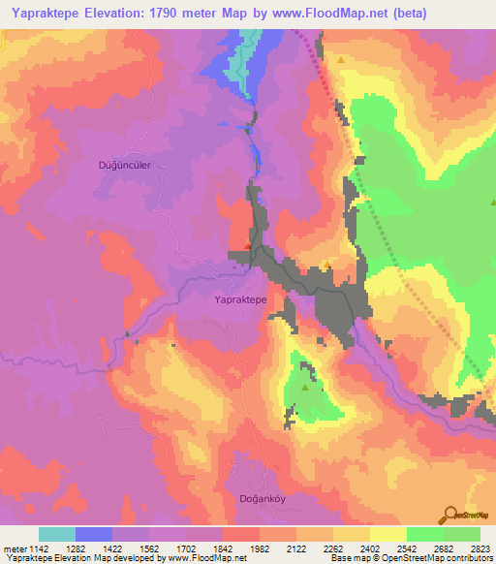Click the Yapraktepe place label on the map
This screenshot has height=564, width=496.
point(239,301)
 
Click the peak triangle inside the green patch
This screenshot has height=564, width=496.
point(306,388)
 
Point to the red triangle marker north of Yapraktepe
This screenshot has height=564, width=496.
point(249,247)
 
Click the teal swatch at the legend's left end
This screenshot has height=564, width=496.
point(56,534)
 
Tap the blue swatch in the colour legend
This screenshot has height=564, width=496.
point(93,534)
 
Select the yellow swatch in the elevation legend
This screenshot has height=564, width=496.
point(387,534)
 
